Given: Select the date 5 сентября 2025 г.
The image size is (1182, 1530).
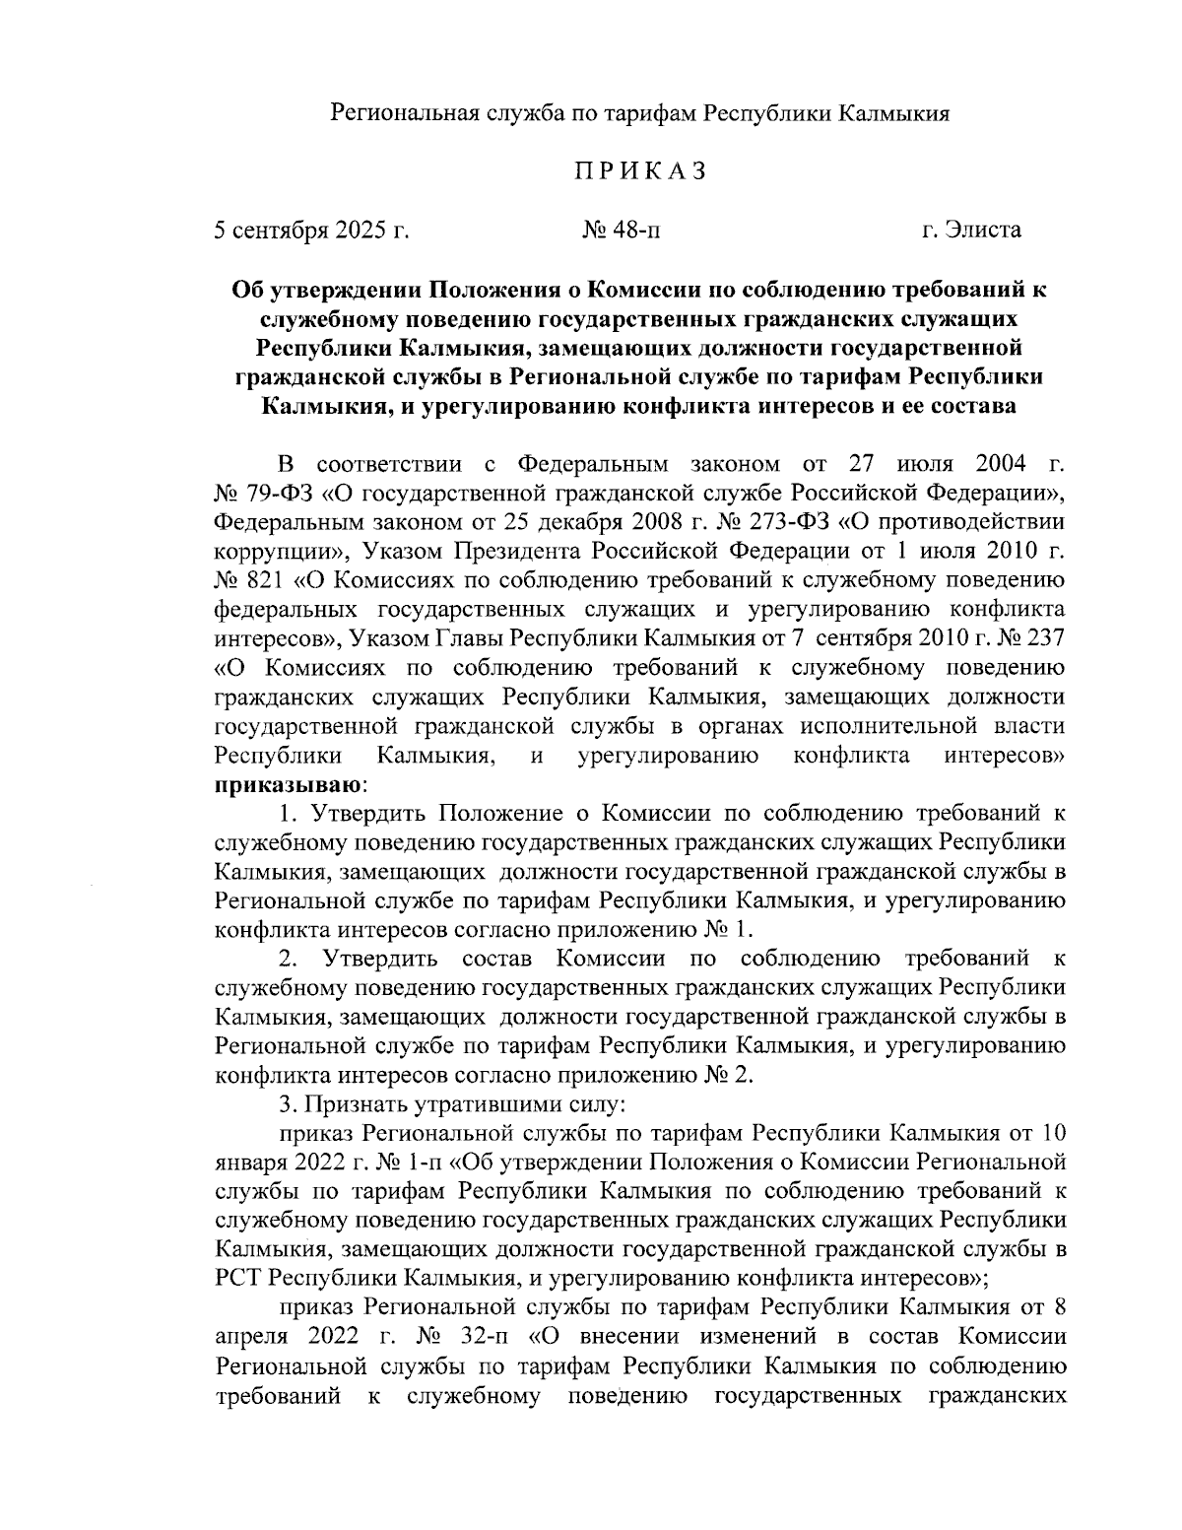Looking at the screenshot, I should point(311,231).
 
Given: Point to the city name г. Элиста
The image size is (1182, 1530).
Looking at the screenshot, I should point(971,231).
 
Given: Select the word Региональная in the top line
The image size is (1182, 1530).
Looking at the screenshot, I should point(404,113).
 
